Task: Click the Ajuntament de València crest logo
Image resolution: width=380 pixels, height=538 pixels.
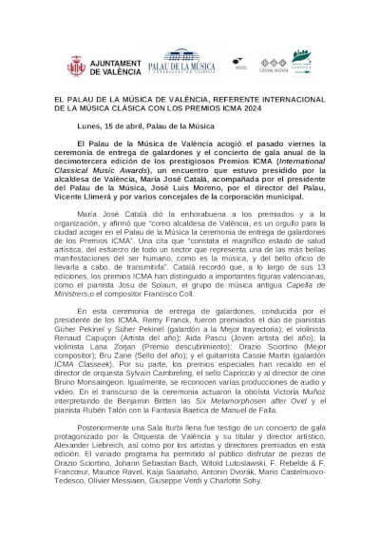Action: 75,66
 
